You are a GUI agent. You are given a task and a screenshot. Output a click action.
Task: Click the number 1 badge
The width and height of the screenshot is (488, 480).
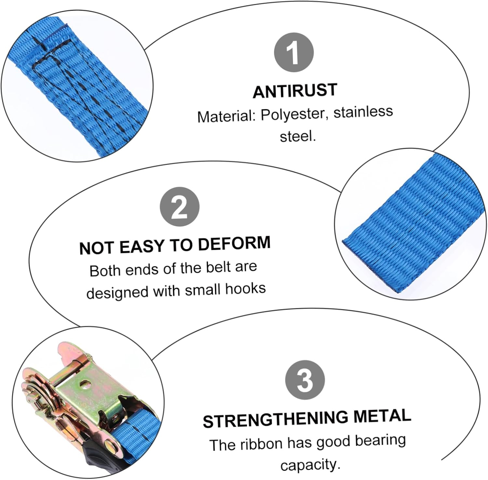[294, 52]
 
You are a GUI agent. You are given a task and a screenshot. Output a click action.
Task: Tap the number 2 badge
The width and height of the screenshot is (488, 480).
[179, 207]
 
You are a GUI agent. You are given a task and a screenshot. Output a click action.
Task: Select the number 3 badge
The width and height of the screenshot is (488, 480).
[305, 380]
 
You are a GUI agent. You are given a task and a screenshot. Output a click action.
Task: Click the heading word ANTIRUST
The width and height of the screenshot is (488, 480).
[295, 91]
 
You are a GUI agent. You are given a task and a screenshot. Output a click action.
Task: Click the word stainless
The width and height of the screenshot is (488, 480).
[363, 112]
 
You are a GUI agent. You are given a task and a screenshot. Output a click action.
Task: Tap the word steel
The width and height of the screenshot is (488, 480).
[297, 136]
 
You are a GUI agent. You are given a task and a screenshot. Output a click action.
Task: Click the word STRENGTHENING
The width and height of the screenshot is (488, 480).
[275, 419]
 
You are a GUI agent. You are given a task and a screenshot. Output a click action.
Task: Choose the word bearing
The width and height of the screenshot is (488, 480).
[380, 441]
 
